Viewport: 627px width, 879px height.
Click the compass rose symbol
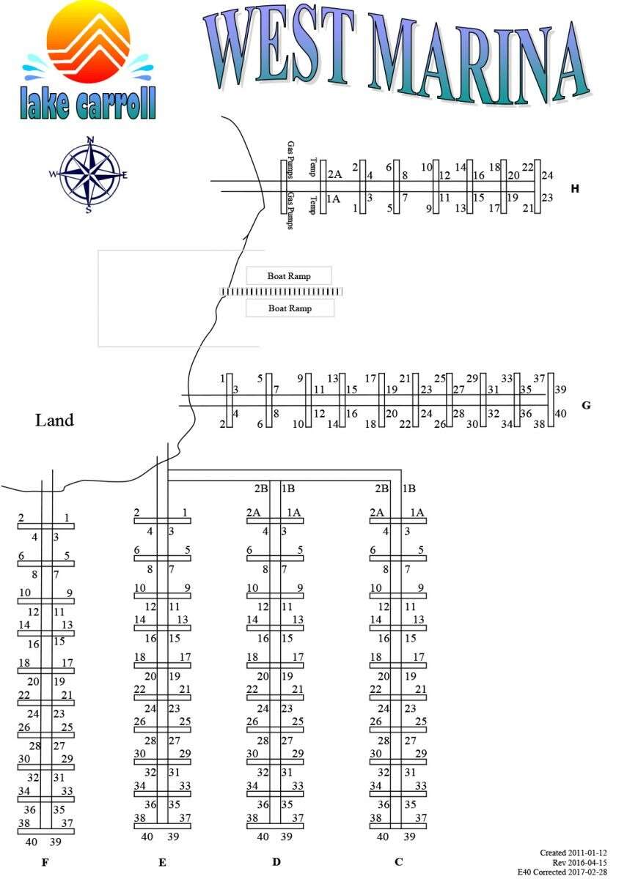(x=89, y=174)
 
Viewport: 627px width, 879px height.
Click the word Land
(x=54, y=420)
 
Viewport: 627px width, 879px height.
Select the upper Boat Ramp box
(x=289, y=276)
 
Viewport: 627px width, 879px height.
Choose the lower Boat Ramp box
(x=290, y=308)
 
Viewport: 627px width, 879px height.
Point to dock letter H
(x=575, y=189)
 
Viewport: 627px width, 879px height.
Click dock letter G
(x=585, y=405)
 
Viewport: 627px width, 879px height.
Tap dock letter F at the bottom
(x=45, y=863)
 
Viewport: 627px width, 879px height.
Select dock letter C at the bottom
(x=398, y=862)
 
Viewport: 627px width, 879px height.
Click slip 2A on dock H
(x=334, y=174)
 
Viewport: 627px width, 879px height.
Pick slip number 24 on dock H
(x=547, y=175)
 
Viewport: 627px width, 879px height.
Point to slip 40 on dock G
(x=561, y=414)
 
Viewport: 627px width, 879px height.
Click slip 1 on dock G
(x=222, y=379)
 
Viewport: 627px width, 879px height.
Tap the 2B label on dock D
(x=261, y=489)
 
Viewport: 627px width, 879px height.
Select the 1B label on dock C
(x=410, y=489)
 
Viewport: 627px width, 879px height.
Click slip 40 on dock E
(x=147, y=837)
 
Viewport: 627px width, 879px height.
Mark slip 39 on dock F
(x=55, y=842)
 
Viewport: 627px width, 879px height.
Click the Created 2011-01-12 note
(x=573, y=853)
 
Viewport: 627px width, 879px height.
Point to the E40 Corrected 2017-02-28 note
(x=562, y=872)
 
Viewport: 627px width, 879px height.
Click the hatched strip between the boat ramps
(x=282, y=292)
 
